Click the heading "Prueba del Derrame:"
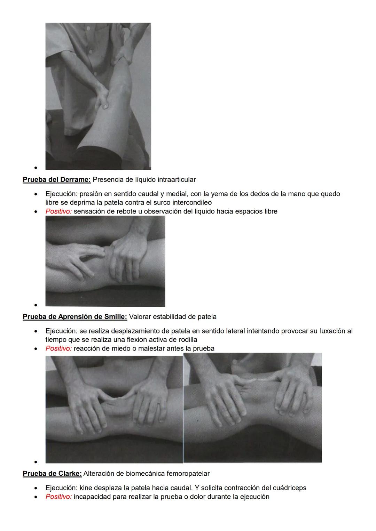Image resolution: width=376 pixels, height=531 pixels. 56,179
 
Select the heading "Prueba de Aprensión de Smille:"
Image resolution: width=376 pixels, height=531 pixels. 75,317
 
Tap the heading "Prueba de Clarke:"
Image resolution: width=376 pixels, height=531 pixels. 52,474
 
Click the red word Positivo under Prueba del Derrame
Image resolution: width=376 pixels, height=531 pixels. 58,211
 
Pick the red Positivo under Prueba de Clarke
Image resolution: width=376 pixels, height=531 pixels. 58,497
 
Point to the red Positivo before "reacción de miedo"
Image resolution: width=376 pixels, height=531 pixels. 58,348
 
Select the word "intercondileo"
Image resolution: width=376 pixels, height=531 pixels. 192,202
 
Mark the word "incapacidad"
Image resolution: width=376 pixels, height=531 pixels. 91,497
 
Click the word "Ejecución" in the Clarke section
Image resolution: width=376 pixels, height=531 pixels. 61,488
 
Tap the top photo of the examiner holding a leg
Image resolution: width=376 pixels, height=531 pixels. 98,96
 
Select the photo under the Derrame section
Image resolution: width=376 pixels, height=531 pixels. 105,261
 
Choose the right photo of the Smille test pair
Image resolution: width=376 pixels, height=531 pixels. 252,408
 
